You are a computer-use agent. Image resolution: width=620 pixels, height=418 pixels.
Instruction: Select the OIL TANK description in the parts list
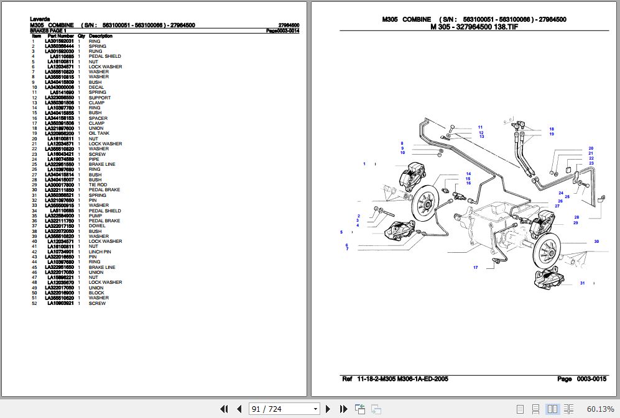coord(99,134)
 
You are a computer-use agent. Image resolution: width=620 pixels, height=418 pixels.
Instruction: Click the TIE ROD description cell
coord(98,185)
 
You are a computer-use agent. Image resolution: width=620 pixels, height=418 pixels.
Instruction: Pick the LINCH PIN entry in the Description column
coord(99,252)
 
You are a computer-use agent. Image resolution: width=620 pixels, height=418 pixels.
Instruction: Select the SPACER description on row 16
coord(98,118)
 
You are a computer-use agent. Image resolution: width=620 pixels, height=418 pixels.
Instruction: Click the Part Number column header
coord(61,36)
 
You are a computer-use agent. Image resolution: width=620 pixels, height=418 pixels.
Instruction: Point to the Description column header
coord(101,36)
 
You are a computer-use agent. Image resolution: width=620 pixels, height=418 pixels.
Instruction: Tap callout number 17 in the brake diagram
coord(475,268)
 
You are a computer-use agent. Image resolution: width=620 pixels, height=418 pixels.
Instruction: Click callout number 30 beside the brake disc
coord(596,242)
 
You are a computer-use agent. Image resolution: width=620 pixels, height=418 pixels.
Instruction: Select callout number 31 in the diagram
coord(582,283)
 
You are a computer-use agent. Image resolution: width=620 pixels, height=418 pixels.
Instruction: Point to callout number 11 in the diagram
coord(480,127)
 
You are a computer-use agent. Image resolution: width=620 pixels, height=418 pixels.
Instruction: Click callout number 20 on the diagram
coord(590,148)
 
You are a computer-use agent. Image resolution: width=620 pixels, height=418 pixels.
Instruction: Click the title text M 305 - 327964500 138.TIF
coord(474,27)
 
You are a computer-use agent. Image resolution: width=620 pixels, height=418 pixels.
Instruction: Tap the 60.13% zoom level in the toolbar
coord(599,409)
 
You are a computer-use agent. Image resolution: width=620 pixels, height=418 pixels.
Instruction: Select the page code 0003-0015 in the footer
coord(591,379)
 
